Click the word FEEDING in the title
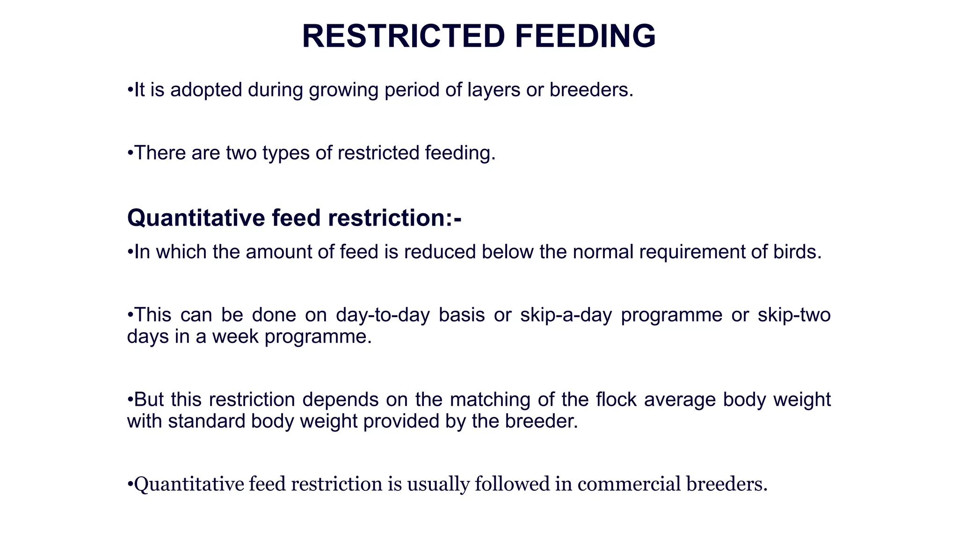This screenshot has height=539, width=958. pyautogui.click(x=585, y=36)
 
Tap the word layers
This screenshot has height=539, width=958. pyautogui.click(x=494, y=90)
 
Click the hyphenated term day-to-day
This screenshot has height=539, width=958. pyautogui.click(x=383, y=315)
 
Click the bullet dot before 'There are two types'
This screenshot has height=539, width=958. pyautogui.click(x=130, y=154)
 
